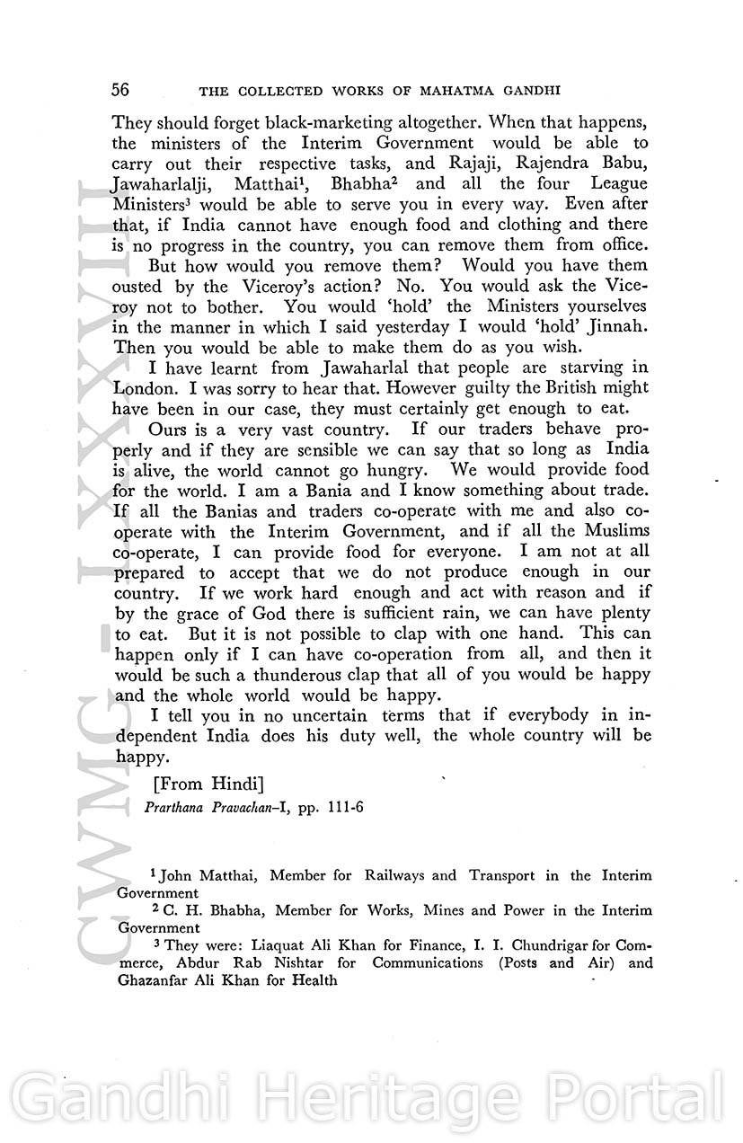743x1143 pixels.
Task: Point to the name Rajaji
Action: (463, 164)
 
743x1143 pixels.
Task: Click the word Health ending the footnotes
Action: (313, 980)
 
